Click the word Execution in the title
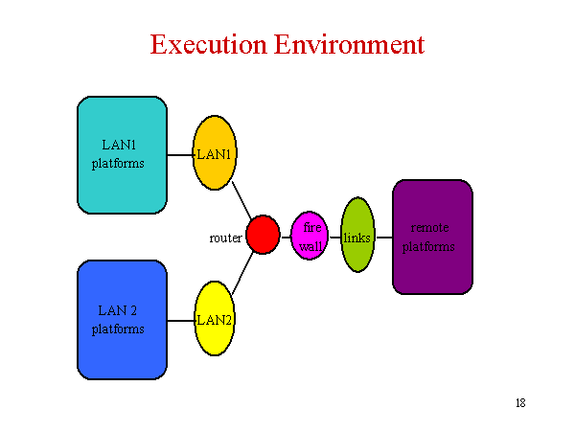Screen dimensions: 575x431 pos(208,44)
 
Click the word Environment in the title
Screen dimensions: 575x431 pos(349,44)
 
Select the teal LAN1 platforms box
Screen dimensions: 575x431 pos(122,155)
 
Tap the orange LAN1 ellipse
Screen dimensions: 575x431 pos(215,153)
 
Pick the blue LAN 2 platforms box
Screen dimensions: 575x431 pos(122,320)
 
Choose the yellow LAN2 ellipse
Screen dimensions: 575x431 pos(215,319)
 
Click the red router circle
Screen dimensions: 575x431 pos(263,235)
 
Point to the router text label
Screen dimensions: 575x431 pos(225,238)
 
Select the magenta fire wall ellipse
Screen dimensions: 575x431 pos(310,236)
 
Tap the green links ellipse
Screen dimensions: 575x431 pos(357,235)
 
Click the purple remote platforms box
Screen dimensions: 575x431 pos(433,238)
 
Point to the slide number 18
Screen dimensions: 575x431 pos(520,403)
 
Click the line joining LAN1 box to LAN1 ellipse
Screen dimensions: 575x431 pos(180,155)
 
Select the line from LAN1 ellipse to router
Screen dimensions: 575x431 pos(241,200)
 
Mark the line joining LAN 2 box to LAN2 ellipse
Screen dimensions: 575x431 pos(181,321)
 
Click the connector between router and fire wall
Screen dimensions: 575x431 pos(286,238)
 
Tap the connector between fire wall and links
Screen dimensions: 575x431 pos(335,238)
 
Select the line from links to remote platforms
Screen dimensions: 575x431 pos(384,238)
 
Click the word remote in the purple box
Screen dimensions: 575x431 pos(429,228)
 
